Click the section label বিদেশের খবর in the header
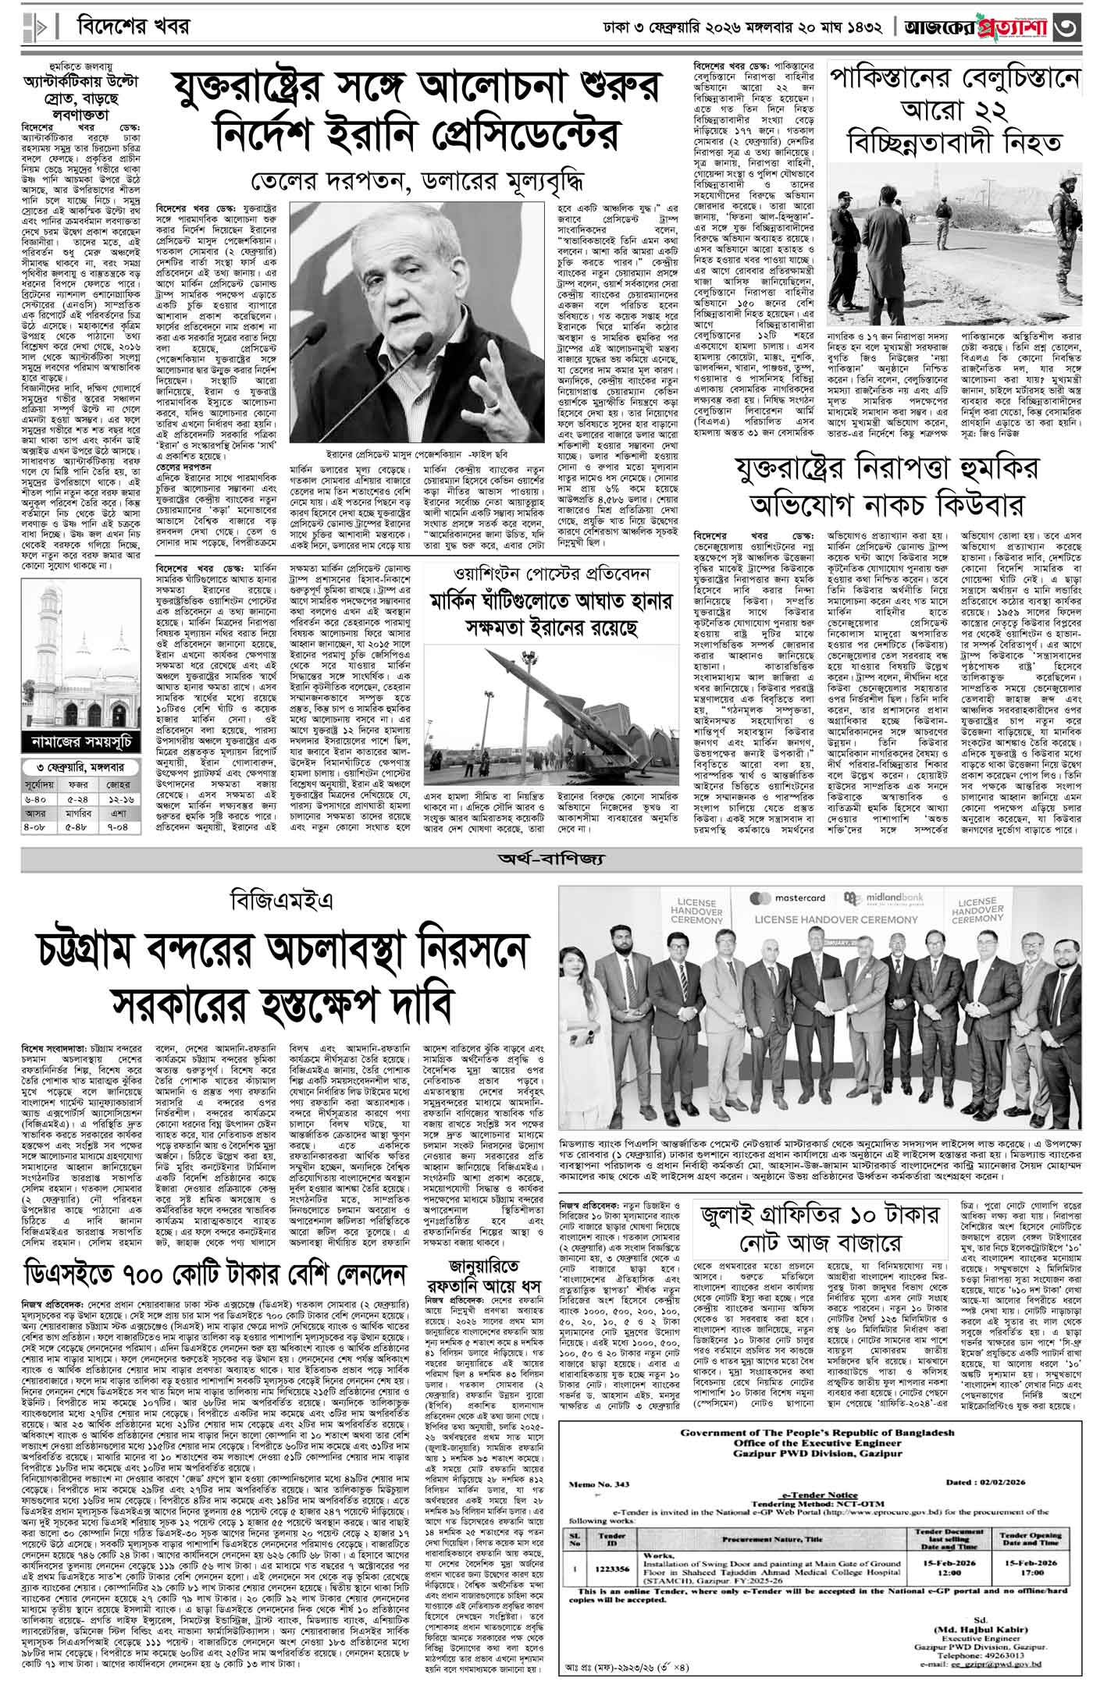click(134, 27)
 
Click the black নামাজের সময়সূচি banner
click(81, 740)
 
